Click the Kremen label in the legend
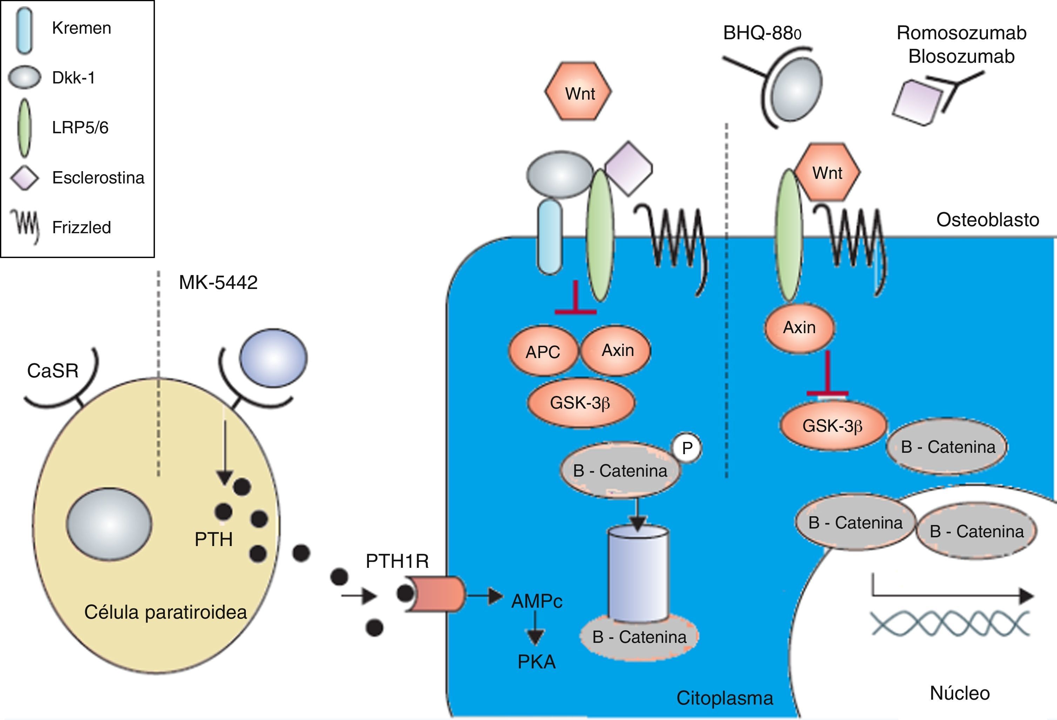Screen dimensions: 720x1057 [81, 28]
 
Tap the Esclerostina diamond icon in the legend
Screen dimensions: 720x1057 [25, 177]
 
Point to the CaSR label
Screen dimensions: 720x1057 [52, 371]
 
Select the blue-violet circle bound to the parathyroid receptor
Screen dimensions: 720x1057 [273, 358]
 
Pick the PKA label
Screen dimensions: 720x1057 [537, 662]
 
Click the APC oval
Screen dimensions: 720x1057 [543, 352]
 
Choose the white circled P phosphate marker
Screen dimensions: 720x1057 [687, 448]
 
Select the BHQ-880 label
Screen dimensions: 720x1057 [762, 33]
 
